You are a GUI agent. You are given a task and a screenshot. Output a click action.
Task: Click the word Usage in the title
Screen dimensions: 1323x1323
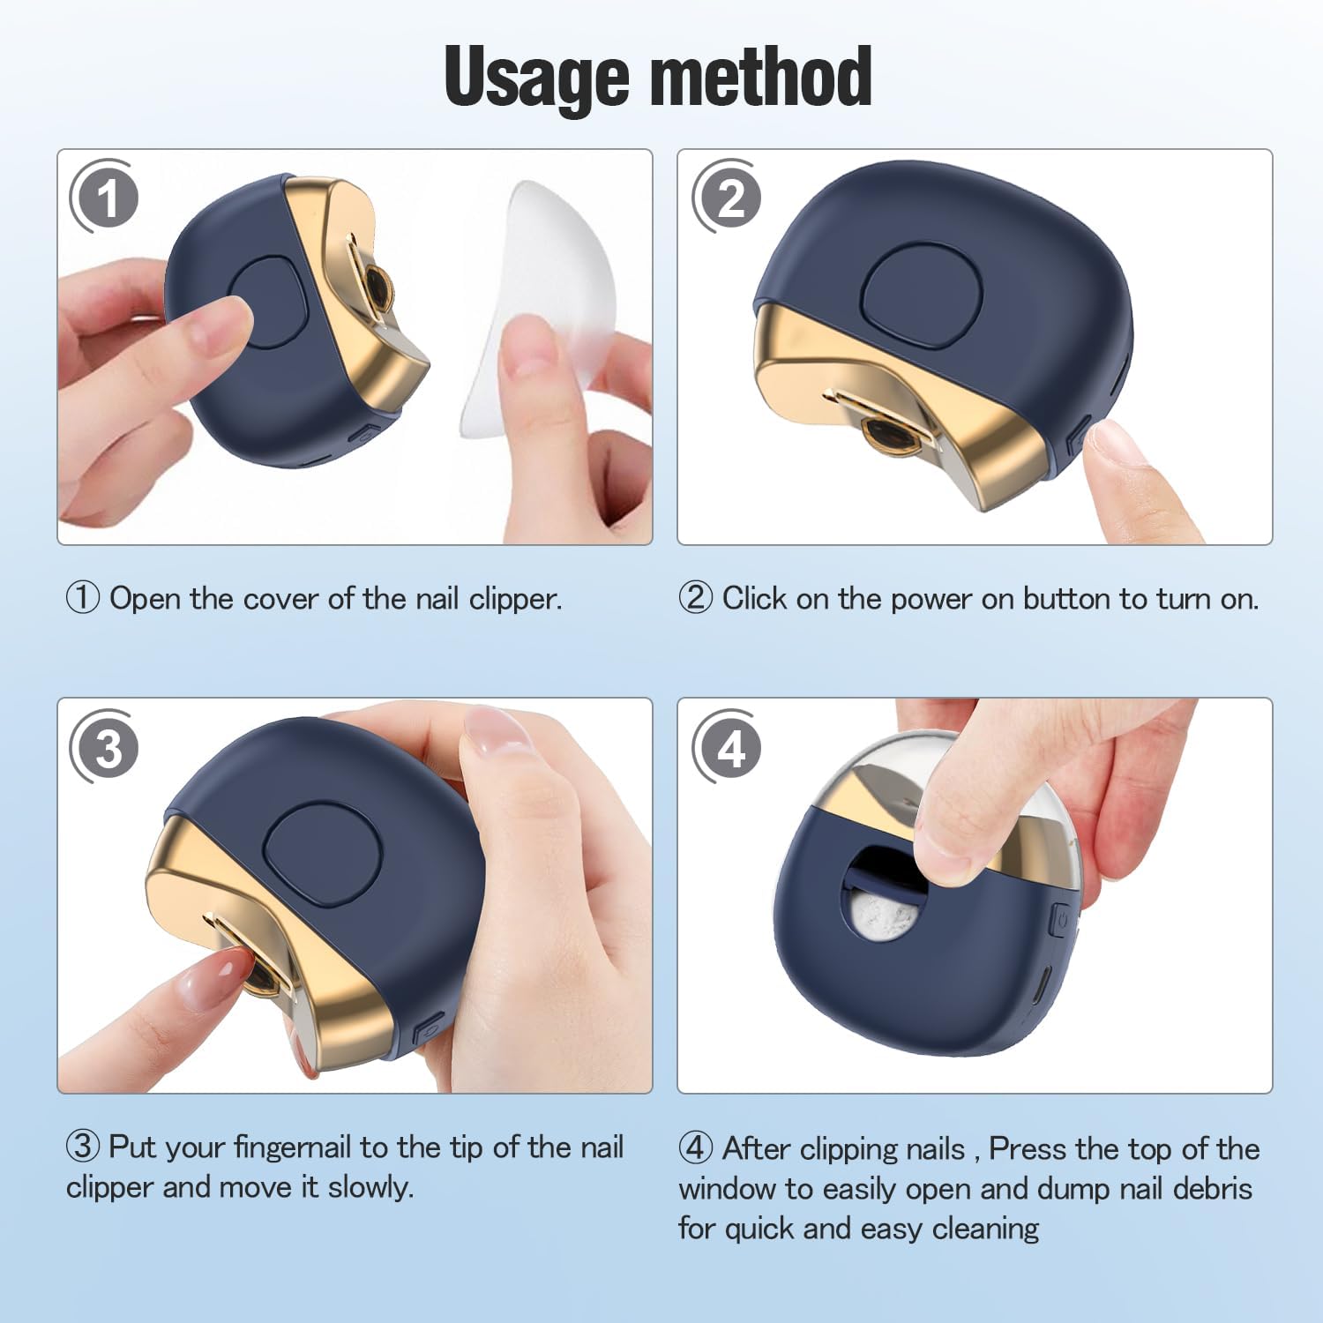click(x=536, y=78)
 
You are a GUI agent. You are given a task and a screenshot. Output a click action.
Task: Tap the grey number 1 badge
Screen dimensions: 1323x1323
click(x=104, y=197)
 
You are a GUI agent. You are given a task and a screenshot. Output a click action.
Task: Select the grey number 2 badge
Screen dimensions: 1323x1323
click(x=727, y=197)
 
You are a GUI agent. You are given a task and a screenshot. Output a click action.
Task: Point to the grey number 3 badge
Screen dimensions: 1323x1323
click(x=104, y=747)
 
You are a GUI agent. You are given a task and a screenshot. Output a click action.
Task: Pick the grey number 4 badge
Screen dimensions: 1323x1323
click(x=727, y=747)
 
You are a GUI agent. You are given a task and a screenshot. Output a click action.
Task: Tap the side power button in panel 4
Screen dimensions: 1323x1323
click(x=1060, y=921)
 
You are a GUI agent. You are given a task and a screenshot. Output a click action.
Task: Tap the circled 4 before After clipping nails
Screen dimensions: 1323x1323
click(x=696, y=1148)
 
